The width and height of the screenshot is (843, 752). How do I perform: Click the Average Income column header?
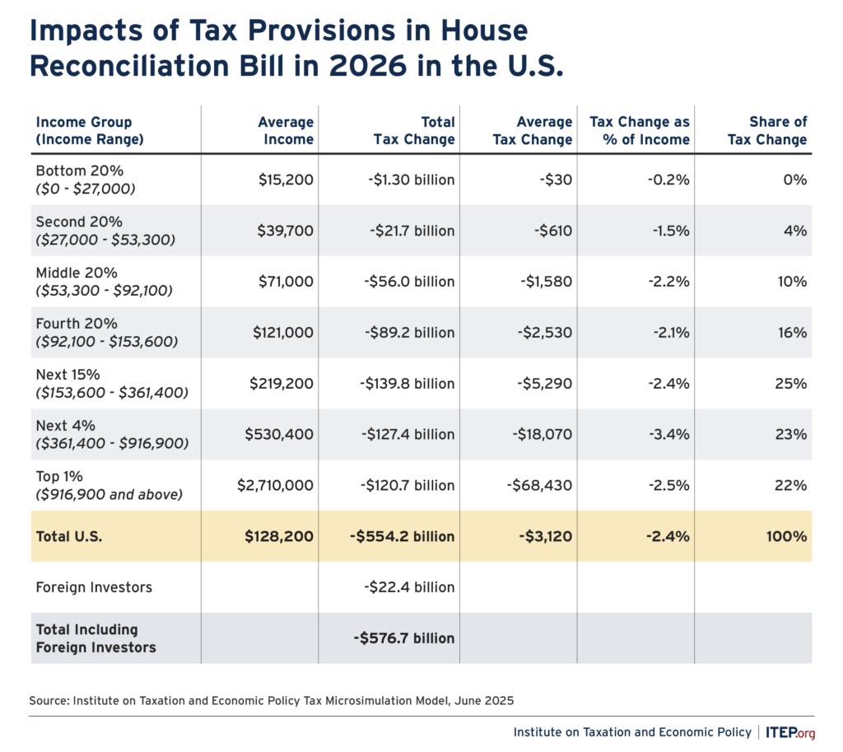point(286,131)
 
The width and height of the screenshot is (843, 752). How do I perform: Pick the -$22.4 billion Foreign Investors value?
point(409,587)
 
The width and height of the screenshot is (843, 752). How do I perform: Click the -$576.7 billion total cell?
point(404,638)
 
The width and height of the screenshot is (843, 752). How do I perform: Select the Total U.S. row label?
point(70,536)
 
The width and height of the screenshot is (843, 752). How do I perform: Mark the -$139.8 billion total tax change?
point(406,384)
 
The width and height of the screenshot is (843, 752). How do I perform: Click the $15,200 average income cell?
point(286,180)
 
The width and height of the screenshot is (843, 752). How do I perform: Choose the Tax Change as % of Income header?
point(640,131)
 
